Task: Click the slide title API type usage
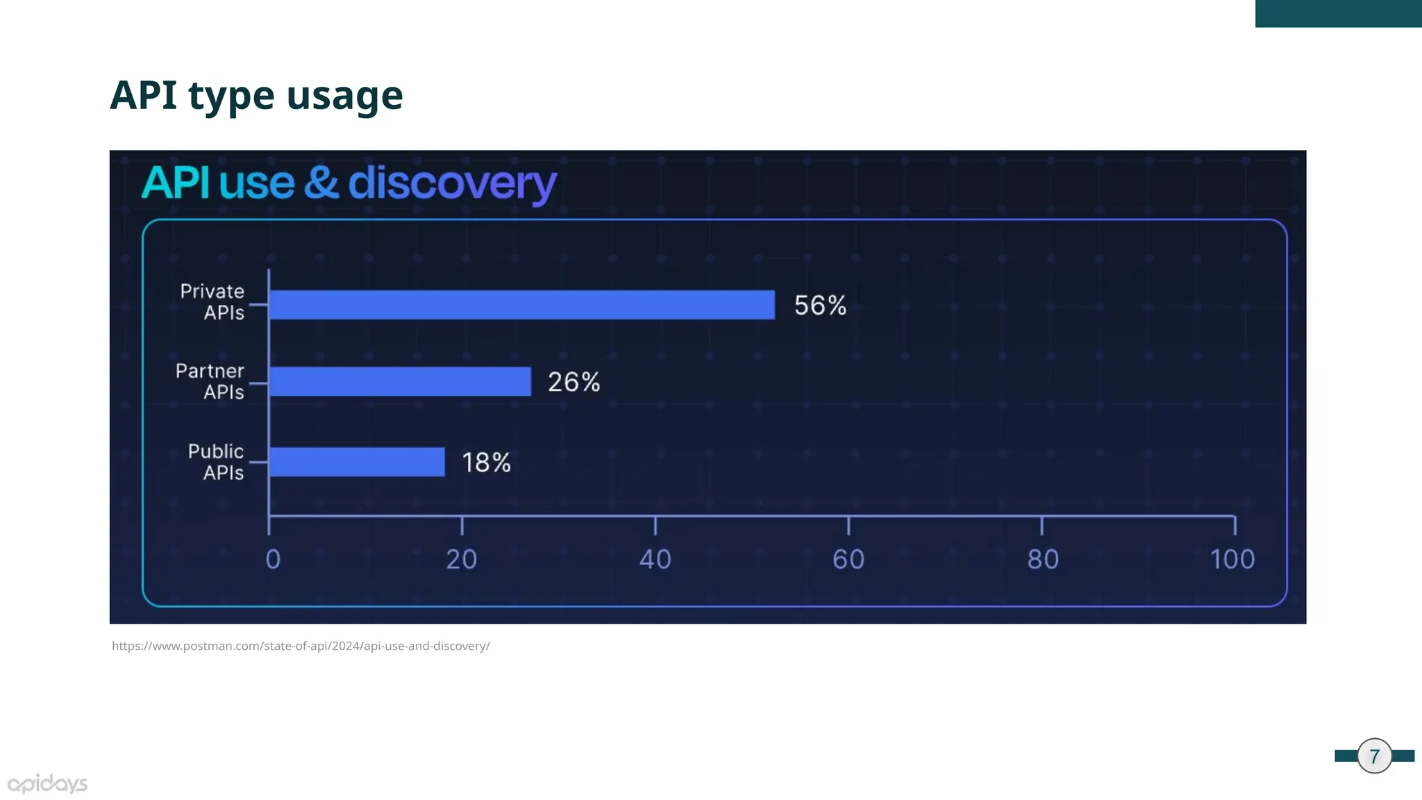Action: click(x=256, y=95)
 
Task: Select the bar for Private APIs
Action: click(x=521, y=305)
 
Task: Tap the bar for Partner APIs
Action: click(x=400, y=381)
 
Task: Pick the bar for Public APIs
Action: click(x=357, y=462)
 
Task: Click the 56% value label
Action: click(x=820, y=306)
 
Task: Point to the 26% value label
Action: click(x=574, y=382)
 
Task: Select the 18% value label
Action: click(x=486, y=462)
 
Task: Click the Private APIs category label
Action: click(x=212, y=302)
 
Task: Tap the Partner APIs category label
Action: click(x=210, y=381)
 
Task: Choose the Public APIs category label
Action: click(x=216, y=462)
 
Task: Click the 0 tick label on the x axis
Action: click(x=273, y=559)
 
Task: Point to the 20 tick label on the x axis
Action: click(x=462, y=559)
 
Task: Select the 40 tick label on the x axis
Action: click(x=655, y=559)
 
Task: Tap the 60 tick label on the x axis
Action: click(x=848, y=559)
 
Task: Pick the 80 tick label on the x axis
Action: click(x=1043, y=559)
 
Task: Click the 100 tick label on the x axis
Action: click(x=1232, y=559)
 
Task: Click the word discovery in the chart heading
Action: click(x=452, y=183)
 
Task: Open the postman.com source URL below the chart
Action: click(x=301, y=646)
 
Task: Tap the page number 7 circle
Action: click(x=1374, y=756)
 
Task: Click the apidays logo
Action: click(x=47, y=784)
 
